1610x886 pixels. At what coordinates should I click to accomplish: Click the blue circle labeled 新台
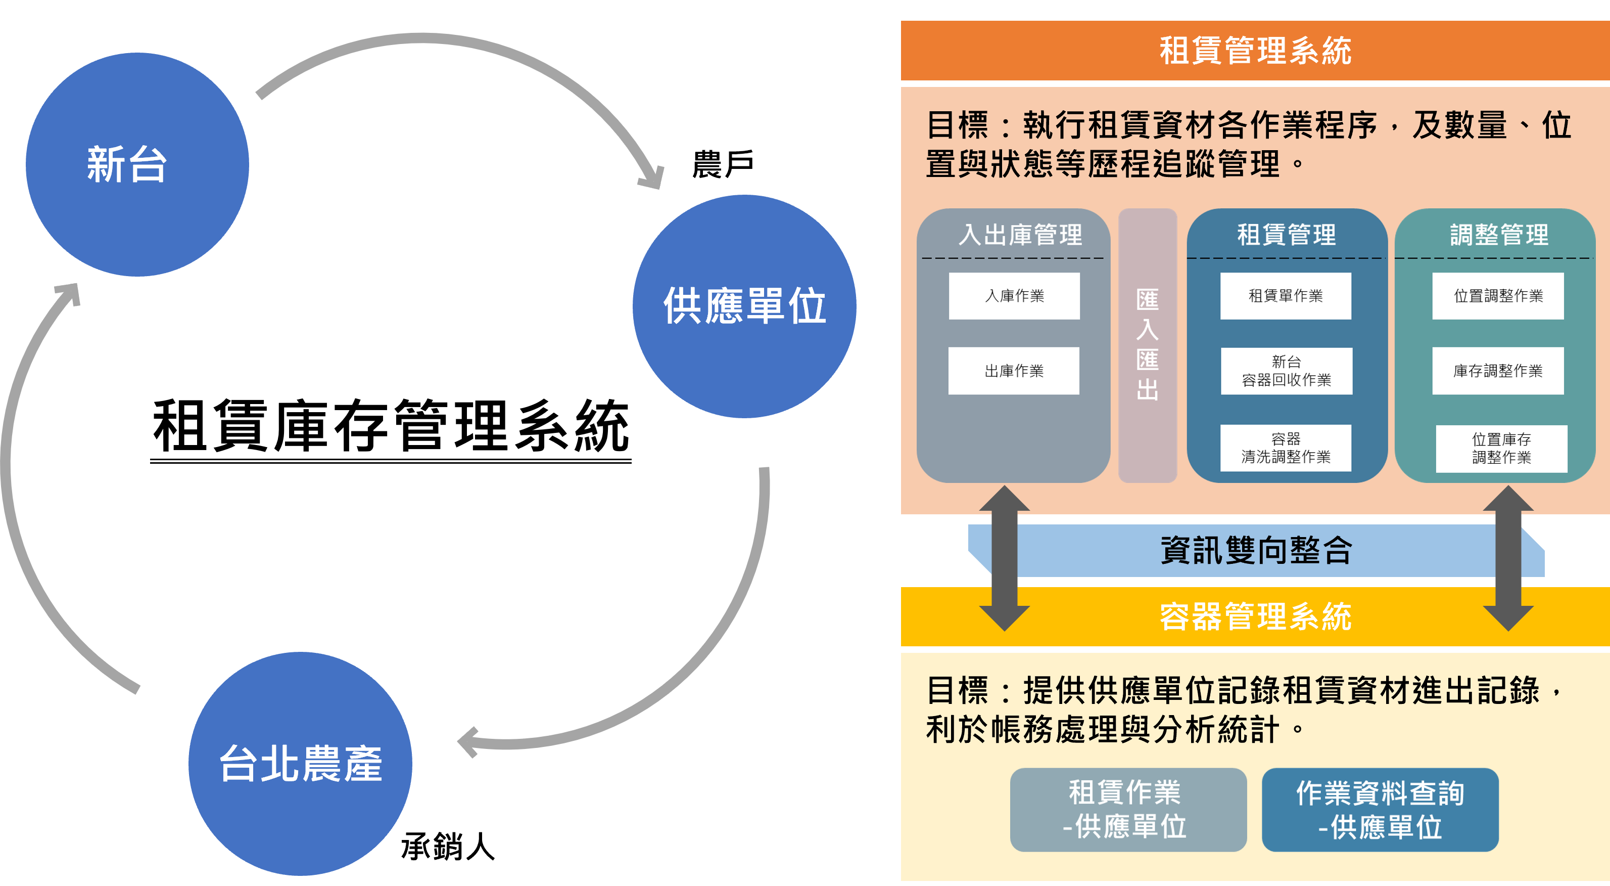pos(137,164)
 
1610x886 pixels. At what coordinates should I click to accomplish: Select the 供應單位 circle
pos(744,306)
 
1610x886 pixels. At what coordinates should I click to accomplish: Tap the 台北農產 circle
pos(300,764)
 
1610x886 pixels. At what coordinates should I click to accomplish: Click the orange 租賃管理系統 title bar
pos(1255,51)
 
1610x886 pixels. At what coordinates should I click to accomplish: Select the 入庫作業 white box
pos(1014,296)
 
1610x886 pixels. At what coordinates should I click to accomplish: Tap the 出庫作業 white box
pos(1013,371)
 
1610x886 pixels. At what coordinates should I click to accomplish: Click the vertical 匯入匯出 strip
pos(1148,345)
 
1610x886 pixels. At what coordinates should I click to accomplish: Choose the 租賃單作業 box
pos(1286,296)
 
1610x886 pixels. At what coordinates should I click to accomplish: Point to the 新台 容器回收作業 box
pos(1286,371)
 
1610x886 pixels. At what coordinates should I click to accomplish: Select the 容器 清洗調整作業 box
pos(1286,448)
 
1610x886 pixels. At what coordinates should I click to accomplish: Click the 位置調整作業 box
pos(1498,296)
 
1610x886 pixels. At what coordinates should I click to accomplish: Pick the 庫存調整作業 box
pos(1498,371)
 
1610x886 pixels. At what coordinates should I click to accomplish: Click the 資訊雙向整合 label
pos(1256,551)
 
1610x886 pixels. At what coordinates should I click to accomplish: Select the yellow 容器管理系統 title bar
pos(1255,616)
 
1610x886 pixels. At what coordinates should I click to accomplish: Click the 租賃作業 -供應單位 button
pos(1128,810)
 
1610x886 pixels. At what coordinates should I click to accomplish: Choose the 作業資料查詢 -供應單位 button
pos(1380,810)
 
